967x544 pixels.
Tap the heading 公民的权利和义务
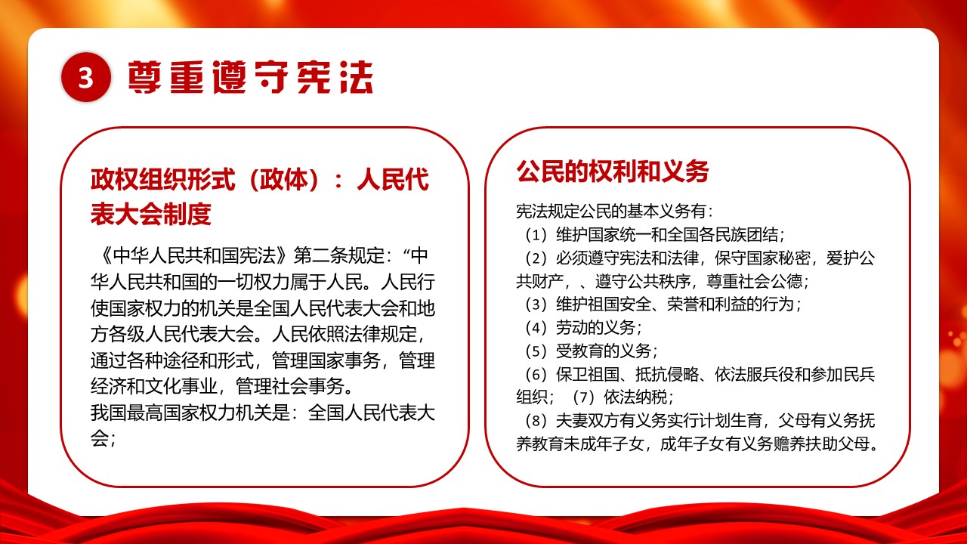[x=613, y=172]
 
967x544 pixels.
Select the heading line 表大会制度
[x=150, y=215]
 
